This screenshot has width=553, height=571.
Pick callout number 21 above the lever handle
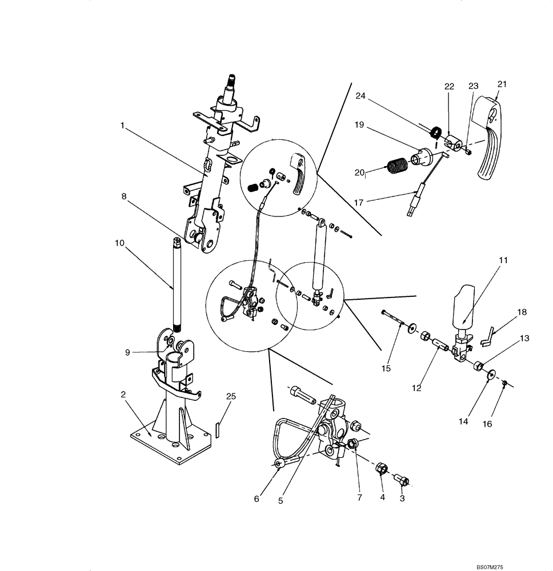502,84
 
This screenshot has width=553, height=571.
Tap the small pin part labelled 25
218,428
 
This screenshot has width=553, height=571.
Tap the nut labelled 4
382,470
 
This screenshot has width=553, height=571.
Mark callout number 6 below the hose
257,498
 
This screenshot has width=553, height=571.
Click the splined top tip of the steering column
233,81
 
